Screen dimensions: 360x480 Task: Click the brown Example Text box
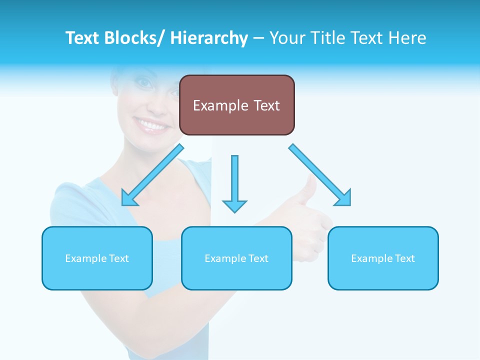[x=236, y=105]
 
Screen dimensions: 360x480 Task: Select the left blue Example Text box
[x=97, y=258]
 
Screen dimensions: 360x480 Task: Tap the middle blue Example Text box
[x=236, y=258]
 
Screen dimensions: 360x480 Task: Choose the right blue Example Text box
[x=383, y=258]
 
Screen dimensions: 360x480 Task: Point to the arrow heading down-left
[x=152, y=175]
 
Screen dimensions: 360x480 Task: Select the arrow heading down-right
[x=320, y=175]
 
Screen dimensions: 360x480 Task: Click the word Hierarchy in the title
[x=209, y=38]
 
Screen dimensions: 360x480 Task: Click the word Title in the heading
[x=325, y=38]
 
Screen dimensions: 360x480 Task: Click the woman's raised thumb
[x=311, y=190]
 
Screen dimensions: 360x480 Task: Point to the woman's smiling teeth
[x=151, y=124]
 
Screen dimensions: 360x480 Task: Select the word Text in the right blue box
[x=405, y=258]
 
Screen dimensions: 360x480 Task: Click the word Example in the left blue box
[x=86, y=258]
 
